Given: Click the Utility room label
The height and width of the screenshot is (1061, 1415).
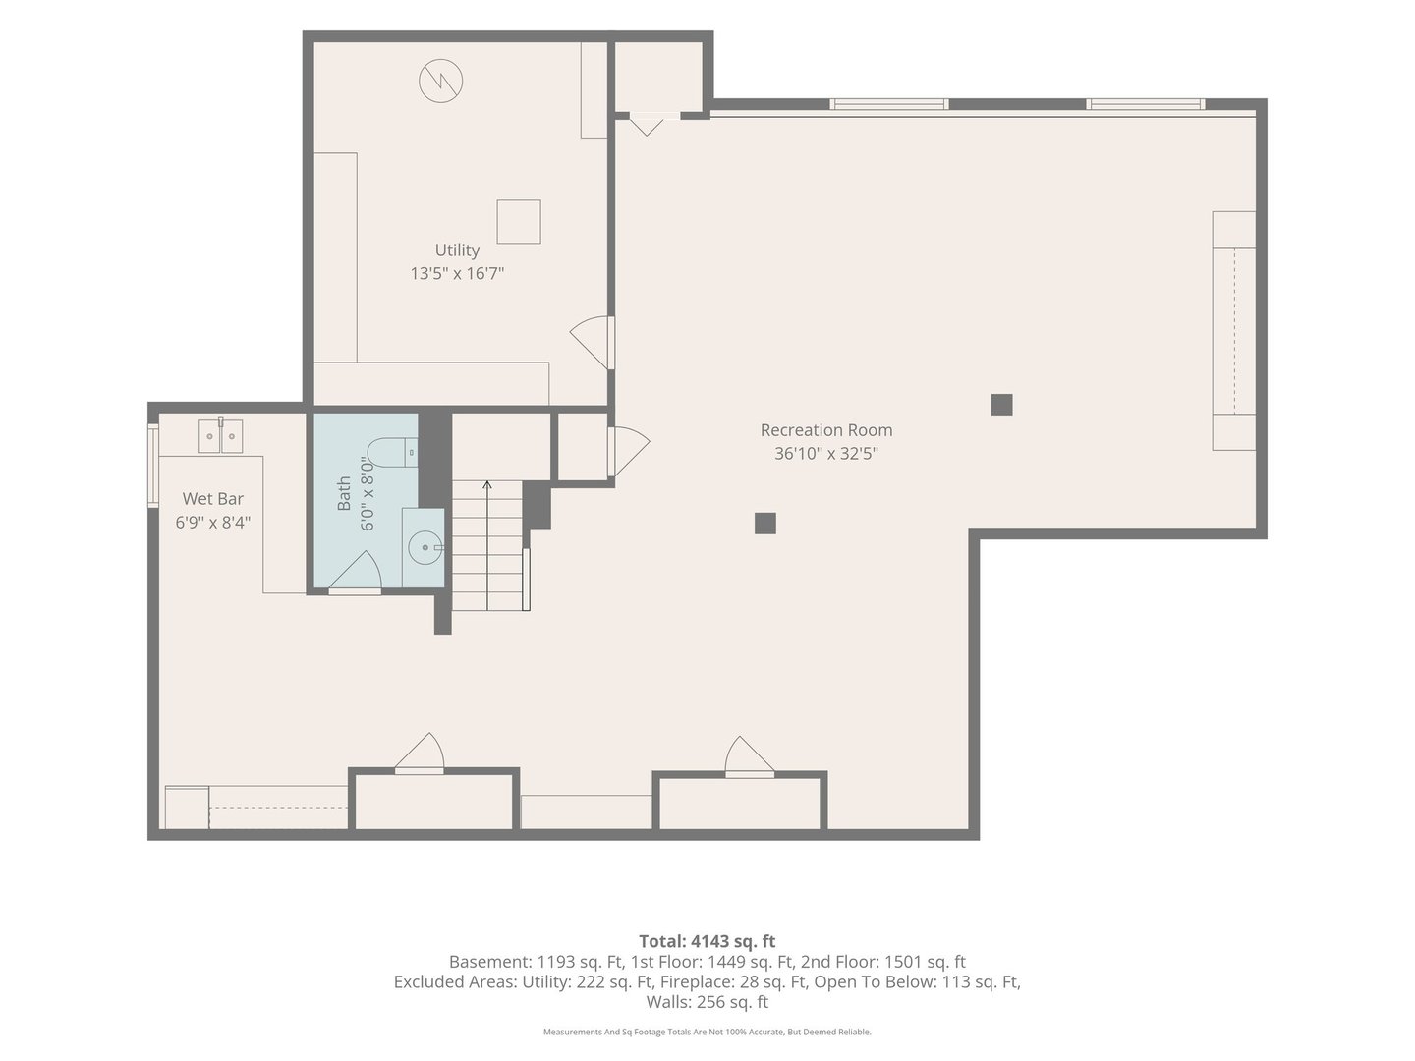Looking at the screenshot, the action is coord(457,250).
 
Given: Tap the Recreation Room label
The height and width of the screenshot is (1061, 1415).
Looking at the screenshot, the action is coord(825,429).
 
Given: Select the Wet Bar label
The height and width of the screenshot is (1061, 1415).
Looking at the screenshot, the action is coord(212,499).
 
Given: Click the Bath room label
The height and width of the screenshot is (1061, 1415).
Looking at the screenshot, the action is coord(344,493).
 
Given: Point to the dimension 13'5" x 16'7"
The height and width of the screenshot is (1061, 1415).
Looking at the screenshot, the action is coord(457,274).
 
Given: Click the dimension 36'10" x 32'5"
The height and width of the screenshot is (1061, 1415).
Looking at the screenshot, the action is coord(825,454).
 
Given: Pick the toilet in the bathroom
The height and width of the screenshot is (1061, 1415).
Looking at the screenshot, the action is coord(392,452).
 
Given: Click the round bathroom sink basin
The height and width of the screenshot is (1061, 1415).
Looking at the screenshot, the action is coord(424,547).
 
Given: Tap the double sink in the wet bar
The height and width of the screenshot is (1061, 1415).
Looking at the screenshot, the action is coord(220,435).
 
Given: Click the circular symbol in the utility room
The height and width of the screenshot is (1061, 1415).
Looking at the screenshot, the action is coord(441,82).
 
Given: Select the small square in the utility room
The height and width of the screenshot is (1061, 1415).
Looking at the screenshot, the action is coord(518,222).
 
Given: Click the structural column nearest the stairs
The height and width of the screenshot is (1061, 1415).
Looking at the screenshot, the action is coord(765,524).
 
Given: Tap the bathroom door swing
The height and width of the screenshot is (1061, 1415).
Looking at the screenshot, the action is coord(355,571).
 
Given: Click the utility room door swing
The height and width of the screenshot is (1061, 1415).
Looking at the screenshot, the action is coord(592,343).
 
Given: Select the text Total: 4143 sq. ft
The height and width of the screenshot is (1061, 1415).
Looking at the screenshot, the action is coord(707,941).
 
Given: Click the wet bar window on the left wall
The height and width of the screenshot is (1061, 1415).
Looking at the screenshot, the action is coord(153,465).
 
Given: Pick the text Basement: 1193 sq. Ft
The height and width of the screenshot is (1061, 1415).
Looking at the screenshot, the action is coord(537,962).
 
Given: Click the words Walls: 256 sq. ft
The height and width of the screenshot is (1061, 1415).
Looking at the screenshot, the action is coord(707,1002).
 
